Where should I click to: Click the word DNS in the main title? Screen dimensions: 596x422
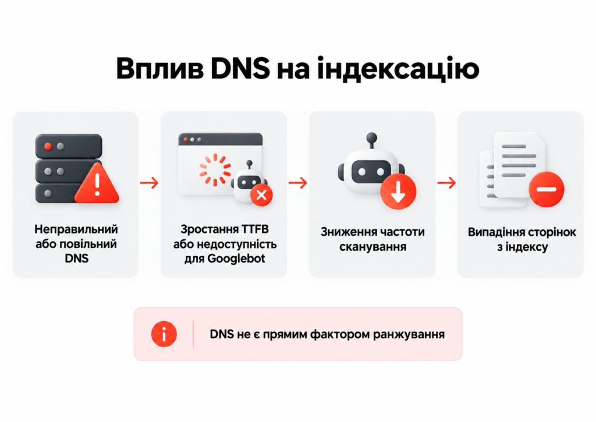240,69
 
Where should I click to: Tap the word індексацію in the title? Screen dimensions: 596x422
398,70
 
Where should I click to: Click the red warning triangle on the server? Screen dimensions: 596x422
97,183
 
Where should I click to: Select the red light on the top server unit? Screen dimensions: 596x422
48,146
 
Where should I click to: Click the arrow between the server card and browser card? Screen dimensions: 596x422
149,183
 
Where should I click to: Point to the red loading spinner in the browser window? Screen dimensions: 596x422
215,170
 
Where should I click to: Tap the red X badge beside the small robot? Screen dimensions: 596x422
261,196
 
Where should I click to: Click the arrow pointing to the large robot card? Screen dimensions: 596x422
297,183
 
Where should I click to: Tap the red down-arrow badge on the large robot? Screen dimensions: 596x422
398,192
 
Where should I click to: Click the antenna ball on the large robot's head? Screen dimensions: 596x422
372,137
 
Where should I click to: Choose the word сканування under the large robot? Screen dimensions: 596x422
373,247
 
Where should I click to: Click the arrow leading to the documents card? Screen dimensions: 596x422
446,183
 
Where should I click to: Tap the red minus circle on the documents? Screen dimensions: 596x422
547,189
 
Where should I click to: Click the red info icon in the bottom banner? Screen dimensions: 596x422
164,334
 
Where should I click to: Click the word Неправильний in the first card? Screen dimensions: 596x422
76,229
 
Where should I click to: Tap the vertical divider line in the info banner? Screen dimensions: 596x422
193,334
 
